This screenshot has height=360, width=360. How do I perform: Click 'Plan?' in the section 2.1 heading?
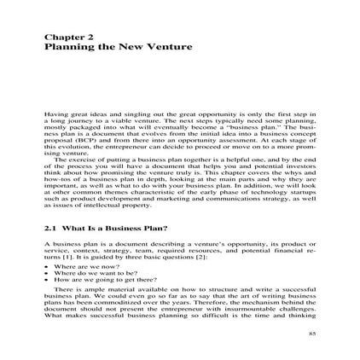[x=154, y=230]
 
